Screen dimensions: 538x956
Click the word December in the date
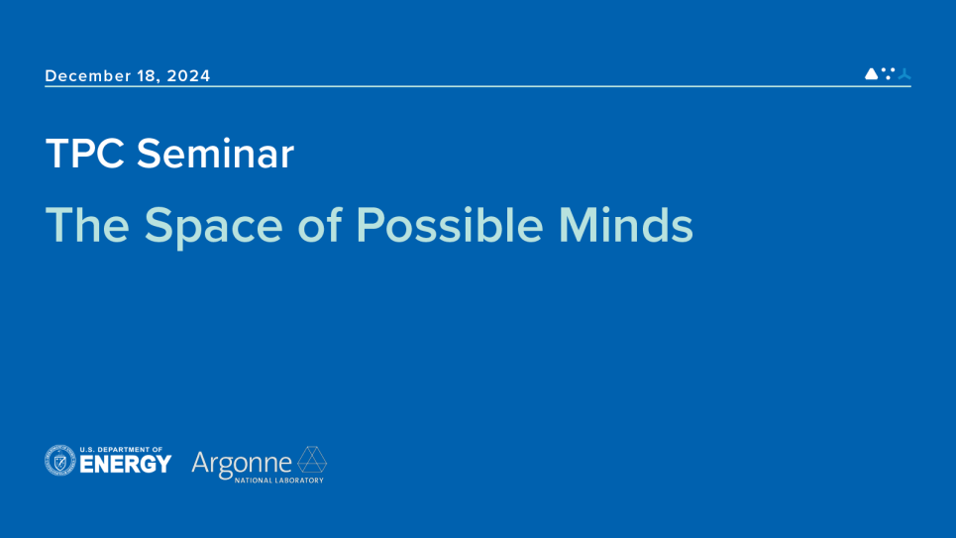coord(87,76)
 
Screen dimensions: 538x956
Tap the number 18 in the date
coord(147,76)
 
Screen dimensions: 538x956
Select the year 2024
coord(188,76)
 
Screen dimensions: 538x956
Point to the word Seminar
coord(215,154)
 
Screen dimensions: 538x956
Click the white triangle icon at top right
coord(871,73)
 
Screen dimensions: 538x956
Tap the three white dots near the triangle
coord(888,72)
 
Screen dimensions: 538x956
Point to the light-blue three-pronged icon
coord(903,73)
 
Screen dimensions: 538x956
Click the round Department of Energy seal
coord(60,461)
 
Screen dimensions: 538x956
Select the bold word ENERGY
coord(126,464)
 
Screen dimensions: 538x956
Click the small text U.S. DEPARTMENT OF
coord(121,449)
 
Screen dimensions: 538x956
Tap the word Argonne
coord(242,462)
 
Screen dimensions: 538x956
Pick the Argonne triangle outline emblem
coord(312,460)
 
